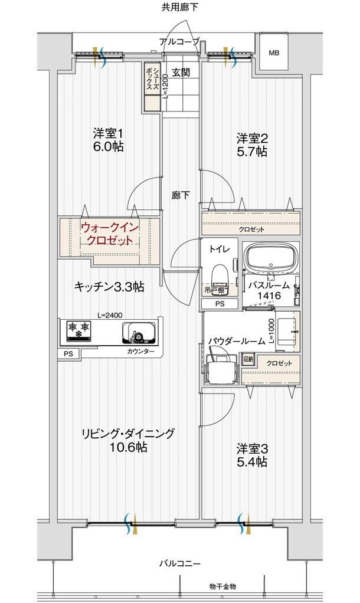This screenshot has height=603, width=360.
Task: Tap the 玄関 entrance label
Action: click(181, 72)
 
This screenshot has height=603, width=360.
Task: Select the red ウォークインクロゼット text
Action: click(109, 234)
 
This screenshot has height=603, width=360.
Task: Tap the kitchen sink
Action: click(139, 332)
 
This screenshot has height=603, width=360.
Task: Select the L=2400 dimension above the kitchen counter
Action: click(110, 315)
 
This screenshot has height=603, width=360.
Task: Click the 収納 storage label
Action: click(248, 359)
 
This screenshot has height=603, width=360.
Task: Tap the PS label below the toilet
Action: click(220, 304)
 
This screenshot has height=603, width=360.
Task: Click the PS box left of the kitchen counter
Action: click(68, 354)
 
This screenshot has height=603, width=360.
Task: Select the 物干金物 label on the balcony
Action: click(222, 586)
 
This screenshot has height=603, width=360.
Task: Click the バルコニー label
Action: click(180, 564)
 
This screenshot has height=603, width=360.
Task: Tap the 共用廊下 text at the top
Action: click(180, 7)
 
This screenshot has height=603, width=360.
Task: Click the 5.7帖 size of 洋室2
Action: click(251, 152)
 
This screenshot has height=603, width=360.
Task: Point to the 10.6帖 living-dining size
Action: click(127, 447)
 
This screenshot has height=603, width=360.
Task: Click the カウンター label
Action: click(141, 352)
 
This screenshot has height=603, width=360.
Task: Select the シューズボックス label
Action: click(152, 79)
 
